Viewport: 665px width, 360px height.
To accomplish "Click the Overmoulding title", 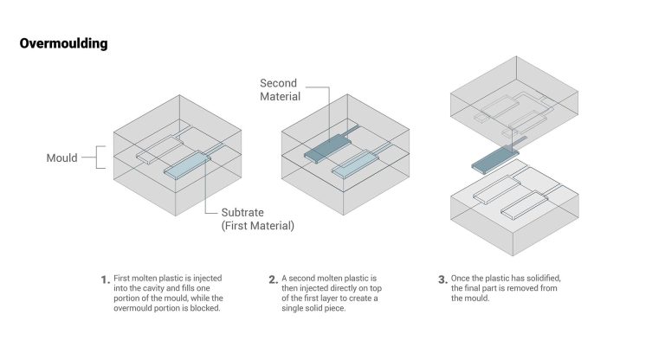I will tap(64, 43).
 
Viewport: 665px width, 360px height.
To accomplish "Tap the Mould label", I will tap(61, 158).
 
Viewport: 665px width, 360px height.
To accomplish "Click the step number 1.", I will tap(105, 280).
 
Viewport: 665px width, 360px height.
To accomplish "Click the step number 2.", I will tap(273, 280).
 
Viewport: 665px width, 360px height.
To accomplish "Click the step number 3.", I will tap(442, 280).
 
